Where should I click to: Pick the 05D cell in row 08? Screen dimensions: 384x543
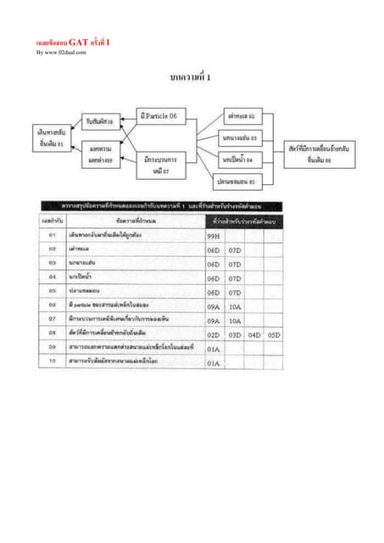tap(273, 335)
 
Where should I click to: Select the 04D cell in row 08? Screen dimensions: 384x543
tap(253, 335)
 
